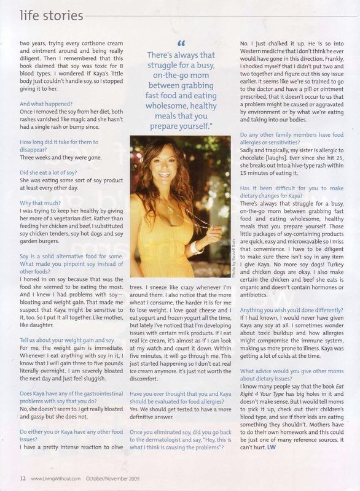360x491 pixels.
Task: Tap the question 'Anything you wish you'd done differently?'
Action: coord(292,311)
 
